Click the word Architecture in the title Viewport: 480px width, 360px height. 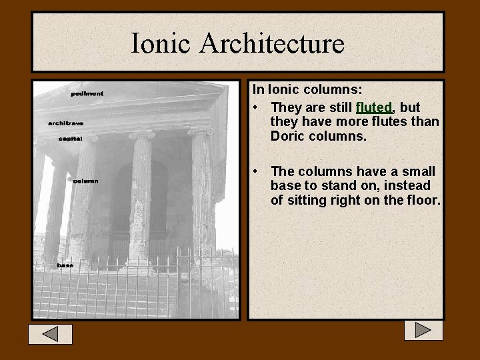[272, 44]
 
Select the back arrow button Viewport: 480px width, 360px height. [50, 334]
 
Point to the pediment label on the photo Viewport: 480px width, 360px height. [87, 94]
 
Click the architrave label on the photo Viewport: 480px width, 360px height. [65, 123]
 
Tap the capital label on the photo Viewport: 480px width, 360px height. [70, 139]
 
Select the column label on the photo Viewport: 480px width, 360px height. [85, 181]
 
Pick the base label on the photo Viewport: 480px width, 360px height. [65, 265]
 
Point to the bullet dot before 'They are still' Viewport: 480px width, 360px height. [257, 108]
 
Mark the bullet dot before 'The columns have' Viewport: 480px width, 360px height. [257, 172]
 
